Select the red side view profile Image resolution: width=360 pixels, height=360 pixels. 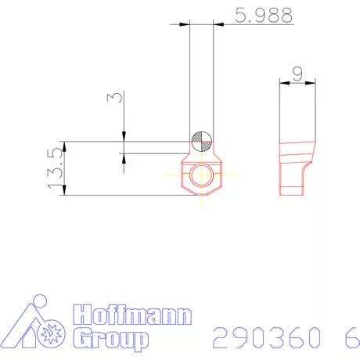pyautogui.click(x=297, y=164)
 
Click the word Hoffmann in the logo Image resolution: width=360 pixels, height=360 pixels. pyautogui.click(x=131, y=315)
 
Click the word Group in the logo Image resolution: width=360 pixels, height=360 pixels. pyautogui.click(x=110, y=339)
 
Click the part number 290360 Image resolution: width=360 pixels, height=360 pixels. pyautogui.click(x=266, y=337)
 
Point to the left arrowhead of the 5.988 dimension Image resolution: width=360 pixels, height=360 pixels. pyautogui.click(x=185, y=25)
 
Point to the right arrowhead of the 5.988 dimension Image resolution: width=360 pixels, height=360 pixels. pyautogui.click(x=218, y=25)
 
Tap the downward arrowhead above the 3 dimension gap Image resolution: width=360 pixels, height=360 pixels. pyautogui.click(x=124, y=137)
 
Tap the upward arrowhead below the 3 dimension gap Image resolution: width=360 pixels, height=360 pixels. pyautogui.click(x=124, y=157)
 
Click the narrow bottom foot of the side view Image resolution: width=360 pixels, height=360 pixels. pyautogui.click(x=290, y=188)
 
